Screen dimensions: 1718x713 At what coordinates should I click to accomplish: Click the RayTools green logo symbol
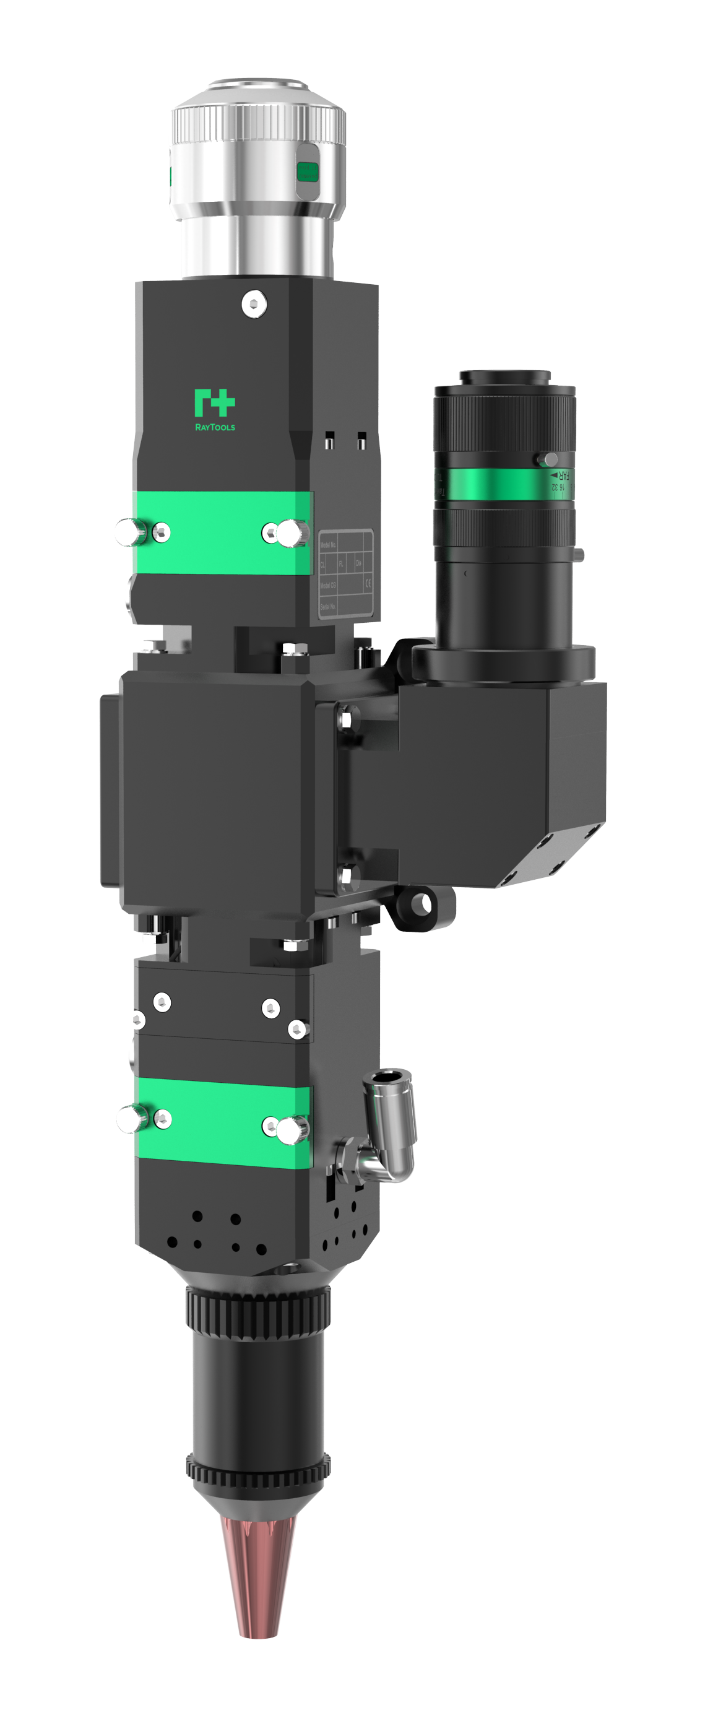[214, 403]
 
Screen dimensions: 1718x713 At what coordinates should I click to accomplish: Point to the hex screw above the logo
[254, 304]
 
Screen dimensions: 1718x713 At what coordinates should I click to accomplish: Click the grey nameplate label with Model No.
[345, 573]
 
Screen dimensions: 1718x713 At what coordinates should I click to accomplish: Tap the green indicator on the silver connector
[308, 172]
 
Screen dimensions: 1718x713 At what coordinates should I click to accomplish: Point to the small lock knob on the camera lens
[550, 459]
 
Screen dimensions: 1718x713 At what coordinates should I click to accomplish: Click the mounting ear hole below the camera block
[420, 905]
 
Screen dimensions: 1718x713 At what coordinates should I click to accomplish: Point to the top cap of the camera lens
[505, 377]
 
